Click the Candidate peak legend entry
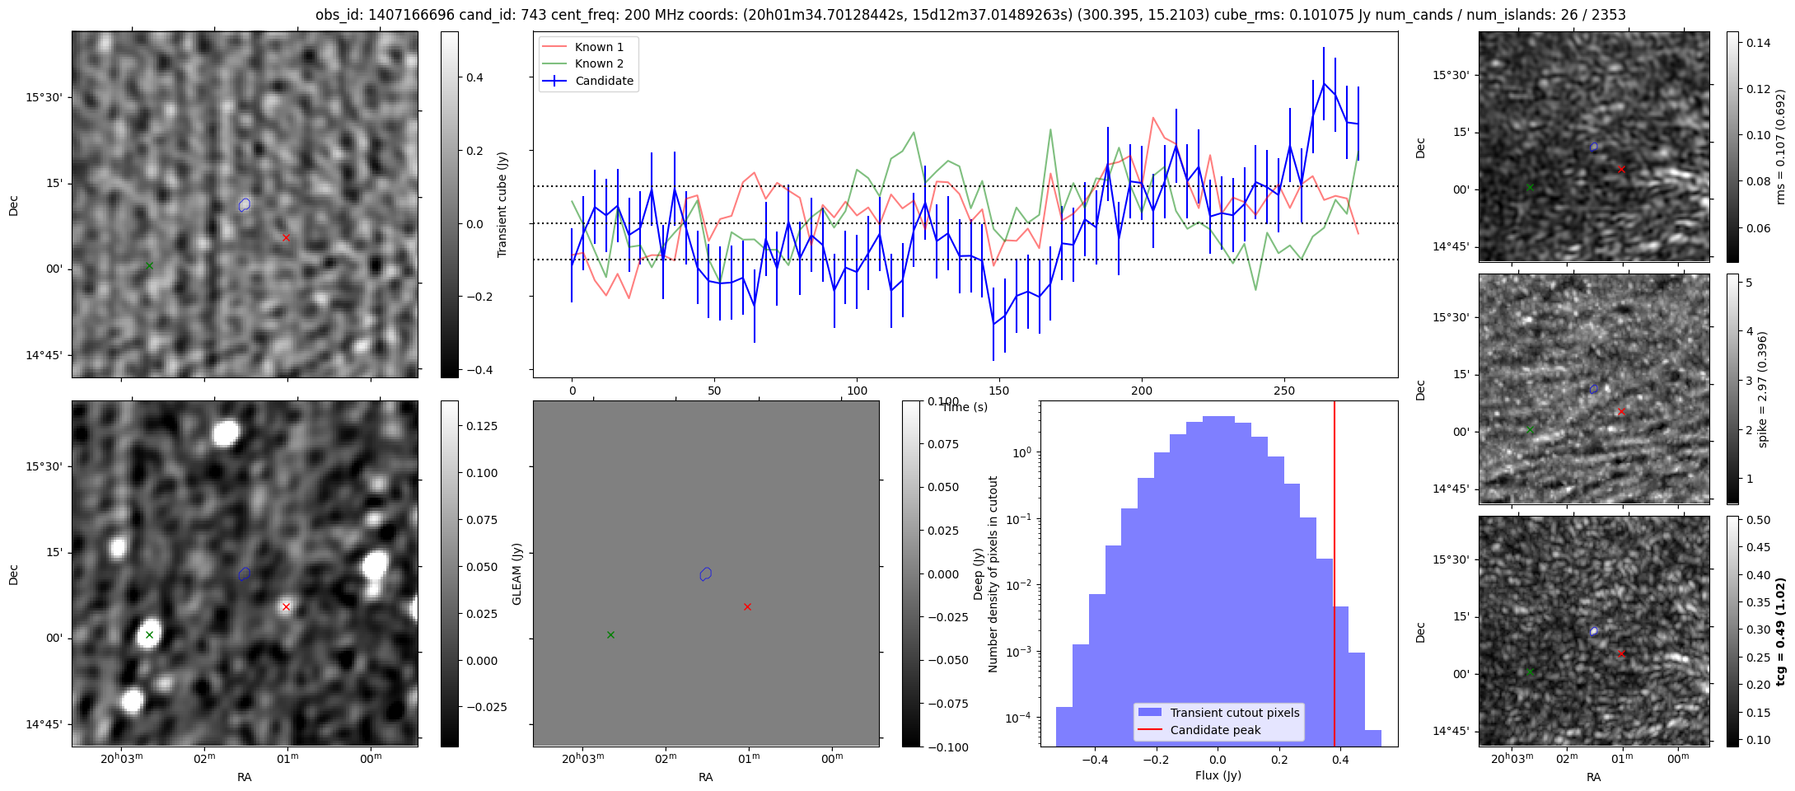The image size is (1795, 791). [1215, 730]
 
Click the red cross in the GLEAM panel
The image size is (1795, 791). [747, 607]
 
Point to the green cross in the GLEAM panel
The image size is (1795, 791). [610, 634]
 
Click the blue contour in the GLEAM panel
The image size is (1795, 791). [705, 573]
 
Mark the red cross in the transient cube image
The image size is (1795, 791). [286, 238]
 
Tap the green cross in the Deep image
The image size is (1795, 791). [149, 634]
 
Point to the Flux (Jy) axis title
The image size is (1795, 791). [1218, 775]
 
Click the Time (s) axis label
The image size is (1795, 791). [965, 407]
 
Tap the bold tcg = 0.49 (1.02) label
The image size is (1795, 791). [1780, 632]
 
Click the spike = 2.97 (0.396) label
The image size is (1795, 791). [1762, 390]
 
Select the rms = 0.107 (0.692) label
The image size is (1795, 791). [1780, 147]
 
